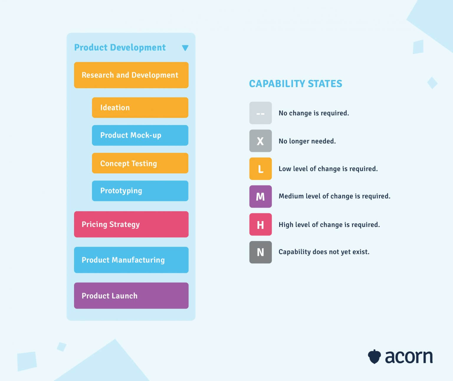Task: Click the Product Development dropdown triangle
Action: [x=185, y=48]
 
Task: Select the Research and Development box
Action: [x=131, y=75]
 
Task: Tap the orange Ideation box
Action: [x=140, y=107]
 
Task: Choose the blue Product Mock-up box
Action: [x=140, y=135]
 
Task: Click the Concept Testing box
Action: [x=140, y=163]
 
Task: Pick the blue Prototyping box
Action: [x=140, y=191]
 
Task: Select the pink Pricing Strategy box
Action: [x=131, y=224]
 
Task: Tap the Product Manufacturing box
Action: [x=131, y=260]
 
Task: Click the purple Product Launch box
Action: [x=131, y=295]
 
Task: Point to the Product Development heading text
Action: [x=120, y=48]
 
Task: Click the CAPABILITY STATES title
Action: [x=296, y=84]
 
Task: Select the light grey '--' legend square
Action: [x=260, y=113]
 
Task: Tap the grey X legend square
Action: [x=260, y=141]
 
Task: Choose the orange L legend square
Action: [x=260, y=169]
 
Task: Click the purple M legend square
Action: [x=260, y=197]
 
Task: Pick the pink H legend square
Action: [x=260, y=224]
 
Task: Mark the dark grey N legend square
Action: [x=260, y=252]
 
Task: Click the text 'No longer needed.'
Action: [x=307, y=141]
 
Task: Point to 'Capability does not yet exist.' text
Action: [x=324, y=252]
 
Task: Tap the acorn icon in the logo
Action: [x=374, y=357]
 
